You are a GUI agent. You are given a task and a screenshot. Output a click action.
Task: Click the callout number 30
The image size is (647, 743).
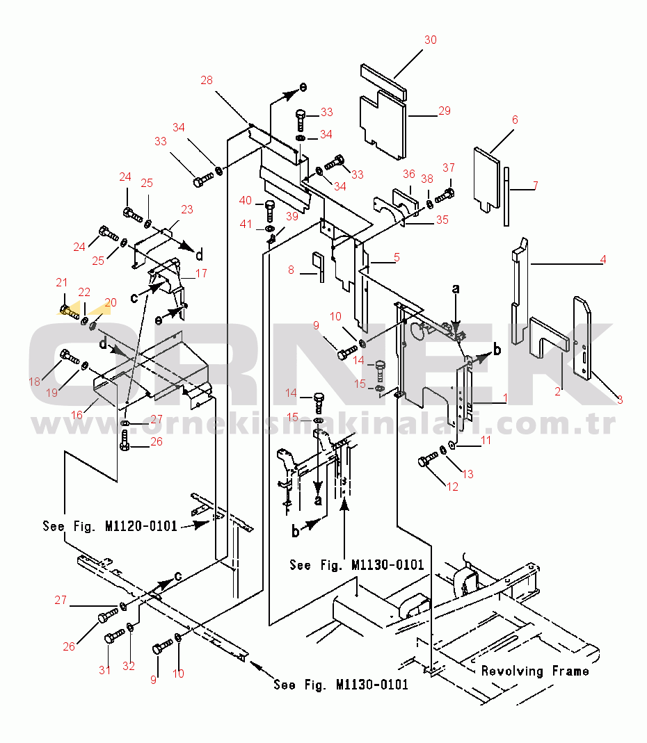(431, 40)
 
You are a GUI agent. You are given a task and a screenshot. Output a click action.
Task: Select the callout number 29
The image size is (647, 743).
(445, 111)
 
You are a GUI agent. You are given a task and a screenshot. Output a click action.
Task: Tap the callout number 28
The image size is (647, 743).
(207, 80)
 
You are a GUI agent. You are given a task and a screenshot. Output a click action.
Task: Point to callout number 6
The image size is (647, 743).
(515, 120)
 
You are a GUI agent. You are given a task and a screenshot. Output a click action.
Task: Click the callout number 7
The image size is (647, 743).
(535, 186)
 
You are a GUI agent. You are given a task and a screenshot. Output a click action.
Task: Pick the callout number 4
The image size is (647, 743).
(603, 260)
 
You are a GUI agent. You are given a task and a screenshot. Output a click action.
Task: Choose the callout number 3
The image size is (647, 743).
(619, 400)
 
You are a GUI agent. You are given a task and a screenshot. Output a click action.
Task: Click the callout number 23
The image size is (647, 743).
(187, 209)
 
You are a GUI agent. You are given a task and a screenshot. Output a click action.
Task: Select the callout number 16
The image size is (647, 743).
(77, 414)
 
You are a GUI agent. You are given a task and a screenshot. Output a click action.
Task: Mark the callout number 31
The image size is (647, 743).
(104, 670)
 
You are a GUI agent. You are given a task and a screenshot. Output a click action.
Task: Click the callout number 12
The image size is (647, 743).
(453, 487)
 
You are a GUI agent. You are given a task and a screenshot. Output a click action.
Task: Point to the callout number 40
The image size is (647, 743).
(246, 200)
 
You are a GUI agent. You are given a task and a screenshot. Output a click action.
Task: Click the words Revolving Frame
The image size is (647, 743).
(535, 671)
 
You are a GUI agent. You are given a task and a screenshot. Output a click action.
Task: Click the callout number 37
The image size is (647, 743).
(449, 168)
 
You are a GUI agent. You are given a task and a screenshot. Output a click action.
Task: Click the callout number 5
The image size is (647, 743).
(397, 257)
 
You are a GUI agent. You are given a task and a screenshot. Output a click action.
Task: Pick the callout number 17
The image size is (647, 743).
(201, 273)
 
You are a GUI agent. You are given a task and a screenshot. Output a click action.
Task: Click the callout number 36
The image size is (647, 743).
(408, 174)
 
